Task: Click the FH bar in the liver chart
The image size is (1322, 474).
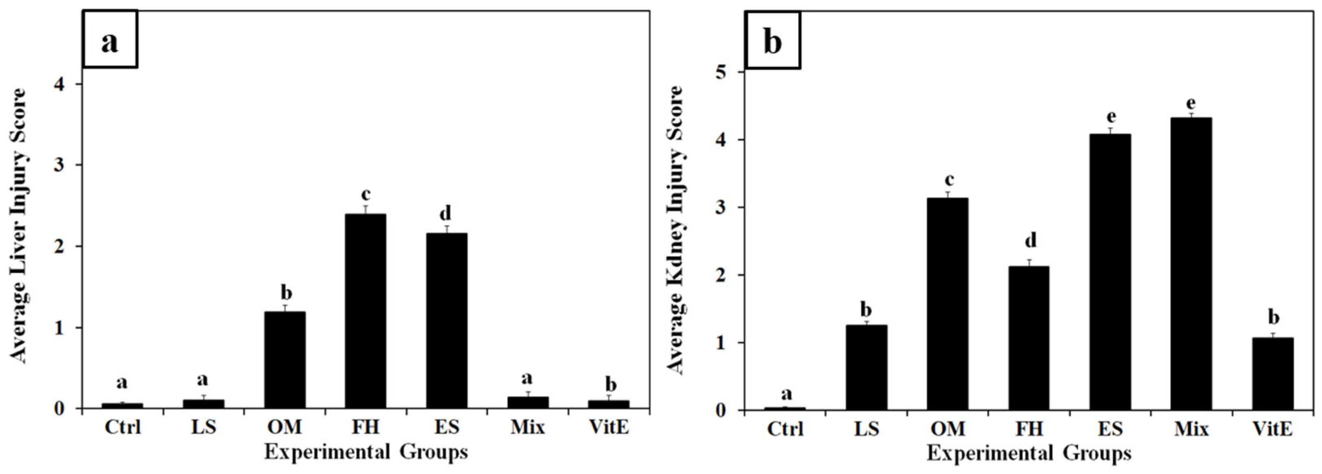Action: click(x=365, y=311)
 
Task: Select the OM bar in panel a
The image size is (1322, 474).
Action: click(x=285, y=360)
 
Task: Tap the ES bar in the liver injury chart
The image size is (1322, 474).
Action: click(x=446, y=320)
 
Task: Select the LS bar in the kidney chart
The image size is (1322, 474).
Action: click(x=867, y=367)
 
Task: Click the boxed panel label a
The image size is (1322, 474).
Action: click(x=110, y=39)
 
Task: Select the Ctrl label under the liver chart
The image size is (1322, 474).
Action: click(x=122, y=427)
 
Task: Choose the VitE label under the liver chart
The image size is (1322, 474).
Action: click(x=609, y=427)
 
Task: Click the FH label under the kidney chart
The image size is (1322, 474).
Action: click(x=1029, y=429)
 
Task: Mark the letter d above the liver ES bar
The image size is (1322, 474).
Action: click(x=445, y=213)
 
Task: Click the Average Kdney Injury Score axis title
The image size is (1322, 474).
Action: click(x=675, y=230)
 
